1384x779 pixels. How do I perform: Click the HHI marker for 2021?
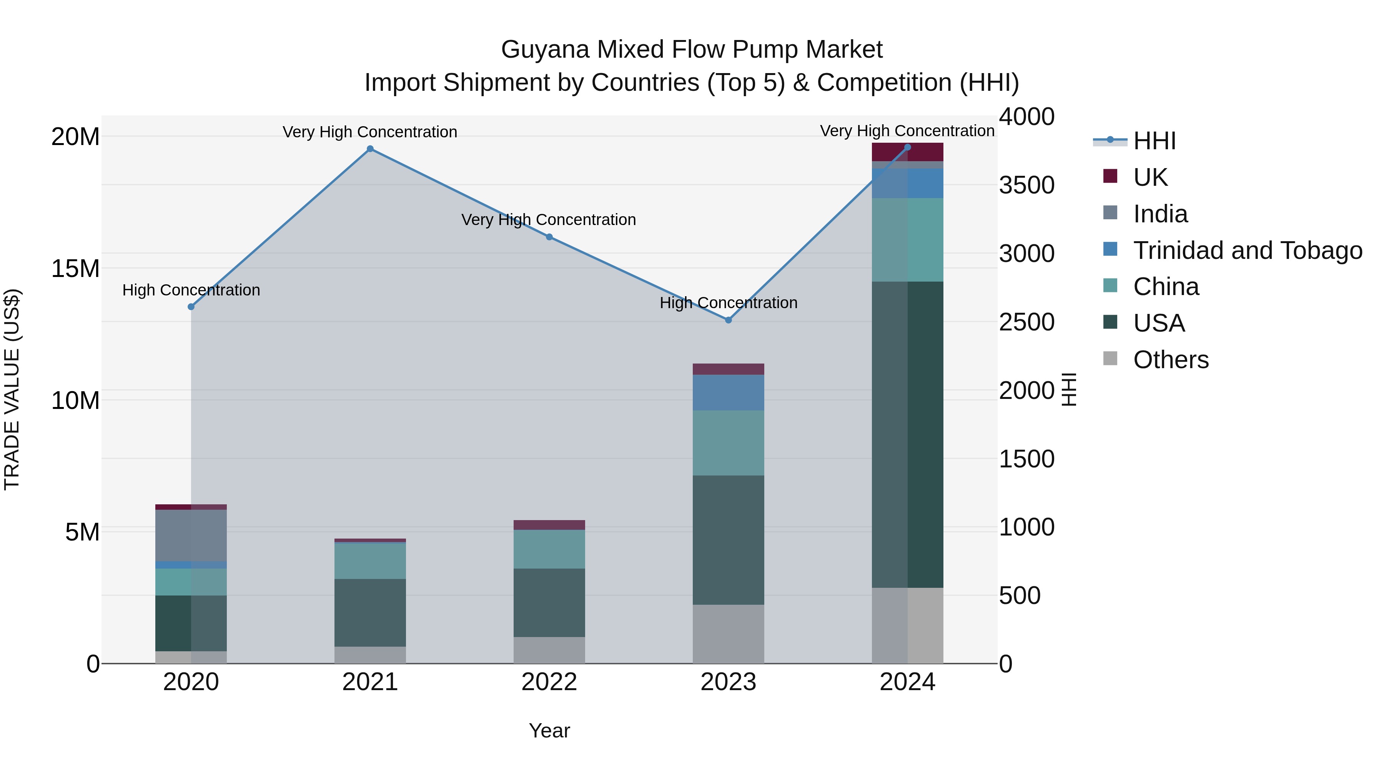(x=370, y=149)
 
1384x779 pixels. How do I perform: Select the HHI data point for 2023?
(x=729, y=320)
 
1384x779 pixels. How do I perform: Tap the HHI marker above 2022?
(x=549, y=237)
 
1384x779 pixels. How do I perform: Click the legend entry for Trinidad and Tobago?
(x=1247, y=250)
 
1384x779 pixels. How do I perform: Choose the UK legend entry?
(x=1150, y=177)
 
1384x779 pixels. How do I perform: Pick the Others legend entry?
(x=1170, y=360)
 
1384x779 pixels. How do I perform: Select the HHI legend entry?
(x=1154, y=141)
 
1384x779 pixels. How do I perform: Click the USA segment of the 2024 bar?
(x=907, y=434)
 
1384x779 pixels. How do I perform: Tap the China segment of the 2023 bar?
(x=728, y=443)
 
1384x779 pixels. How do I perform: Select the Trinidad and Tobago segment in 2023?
(x=728, y=392)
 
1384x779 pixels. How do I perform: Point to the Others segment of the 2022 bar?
(x=549, y=650)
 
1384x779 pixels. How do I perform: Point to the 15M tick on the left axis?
(x=75, y=268)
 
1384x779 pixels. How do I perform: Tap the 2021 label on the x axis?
(x=370, y=682)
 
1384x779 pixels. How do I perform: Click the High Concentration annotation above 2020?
(x=191, y=290)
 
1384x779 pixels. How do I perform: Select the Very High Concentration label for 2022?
(x=549, y=220)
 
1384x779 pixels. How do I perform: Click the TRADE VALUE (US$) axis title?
(x=12, y=389)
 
